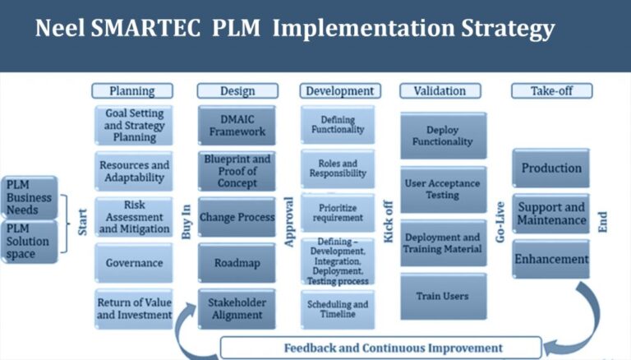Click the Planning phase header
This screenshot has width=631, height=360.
click(132, 90)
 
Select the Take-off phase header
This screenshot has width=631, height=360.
click(551, 90)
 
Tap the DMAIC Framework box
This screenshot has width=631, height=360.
click(236, 126)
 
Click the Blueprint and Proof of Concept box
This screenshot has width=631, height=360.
click(237, 171)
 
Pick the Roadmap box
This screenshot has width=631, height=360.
click(237, 263)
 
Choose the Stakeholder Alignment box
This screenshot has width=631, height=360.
click(237, 308)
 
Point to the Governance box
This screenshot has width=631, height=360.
click(134, 263)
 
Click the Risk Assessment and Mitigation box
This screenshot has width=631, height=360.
click(134, 216)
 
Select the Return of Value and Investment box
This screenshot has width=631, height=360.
click(134, 307)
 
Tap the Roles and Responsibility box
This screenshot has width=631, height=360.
click(338, 168)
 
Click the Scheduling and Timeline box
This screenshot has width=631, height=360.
click(338, 309)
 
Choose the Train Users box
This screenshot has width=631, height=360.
click(443, 297)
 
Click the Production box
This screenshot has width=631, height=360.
click(551, 168)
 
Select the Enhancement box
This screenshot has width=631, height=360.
click(551, 259)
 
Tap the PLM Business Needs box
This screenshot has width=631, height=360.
click(30, 197)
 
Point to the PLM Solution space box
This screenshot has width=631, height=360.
click(30, 241)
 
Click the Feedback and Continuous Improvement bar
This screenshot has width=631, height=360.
click(380, 347)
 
